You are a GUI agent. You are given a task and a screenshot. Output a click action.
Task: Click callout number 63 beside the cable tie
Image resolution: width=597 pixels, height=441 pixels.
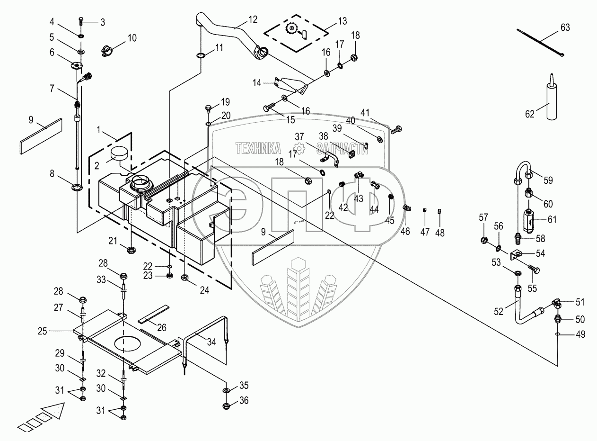point(565,27)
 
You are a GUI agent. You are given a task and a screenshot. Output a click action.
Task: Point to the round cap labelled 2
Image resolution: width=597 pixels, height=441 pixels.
point(120,154)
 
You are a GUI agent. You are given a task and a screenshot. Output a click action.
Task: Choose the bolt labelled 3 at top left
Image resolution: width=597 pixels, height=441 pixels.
point(80,20)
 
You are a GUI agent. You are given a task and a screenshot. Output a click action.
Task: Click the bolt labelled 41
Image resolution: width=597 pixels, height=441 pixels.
point(397,128)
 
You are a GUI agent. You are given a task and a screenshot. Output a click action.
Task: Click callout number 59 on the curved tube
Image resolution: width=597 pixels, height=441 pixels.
point(548,180)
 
